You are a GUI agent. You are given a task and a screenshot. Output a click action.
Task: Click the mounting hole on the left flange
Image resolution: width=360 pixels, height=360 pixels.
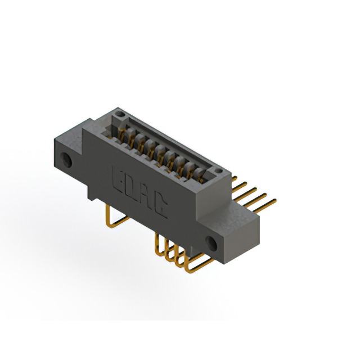(66, 160)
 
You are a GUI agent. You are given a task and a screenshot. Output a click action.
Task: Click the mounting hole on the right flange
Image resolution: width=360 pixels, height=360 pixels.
(211, 244)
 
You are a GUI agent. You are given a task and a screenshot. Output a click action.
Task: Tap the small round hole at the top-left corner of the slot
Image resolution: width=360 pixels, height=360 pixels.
(119, 114)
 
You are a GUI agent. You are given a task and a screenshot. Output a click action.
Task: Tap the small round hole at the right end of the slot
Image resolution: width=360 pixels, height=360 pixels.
(218, 170)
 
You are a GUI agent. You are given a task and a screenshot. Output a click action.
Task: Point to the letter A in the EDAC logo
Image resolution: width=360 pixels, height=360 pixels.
(145, 197)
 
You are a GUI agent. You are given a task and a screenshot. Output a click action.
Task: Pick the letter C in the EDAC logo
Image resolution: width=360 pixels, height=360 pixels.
(160, 206)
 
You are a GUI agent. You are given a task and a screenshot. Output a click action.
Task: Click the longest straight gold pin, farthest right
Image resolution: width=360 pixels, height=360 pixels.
(264, 206)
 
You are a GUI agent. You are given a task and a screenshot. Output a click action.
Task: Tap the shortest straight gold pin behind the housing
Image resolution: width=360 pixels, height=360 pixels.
(234, 178)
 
